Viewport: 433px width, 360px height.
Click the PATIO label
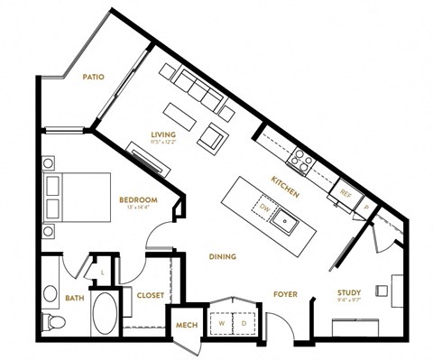(x=93, y=78)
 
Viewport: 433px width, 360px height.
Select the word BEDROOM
(x=138, y=199)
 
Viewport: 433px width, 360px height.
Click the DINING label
(x=223, y=257)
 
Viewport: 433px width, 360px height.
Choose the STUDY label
(x=349, y=292)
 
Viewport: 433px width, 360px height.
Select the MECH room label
(x=187, y=324)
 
